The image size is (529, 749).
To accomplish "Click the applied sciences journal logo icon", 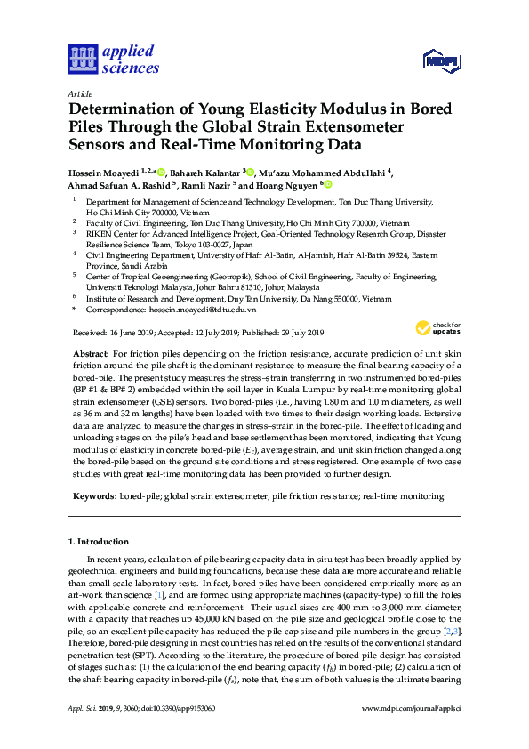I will (x=80, y=60).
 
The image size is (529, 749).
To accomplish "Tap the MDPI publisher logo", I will (x=441, y=60).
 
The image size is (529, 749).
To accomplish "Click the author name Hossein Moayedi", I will (x=108, y=171).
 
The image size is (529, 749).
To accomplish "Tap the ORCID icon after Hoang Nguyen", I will (x=328, y=185).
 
